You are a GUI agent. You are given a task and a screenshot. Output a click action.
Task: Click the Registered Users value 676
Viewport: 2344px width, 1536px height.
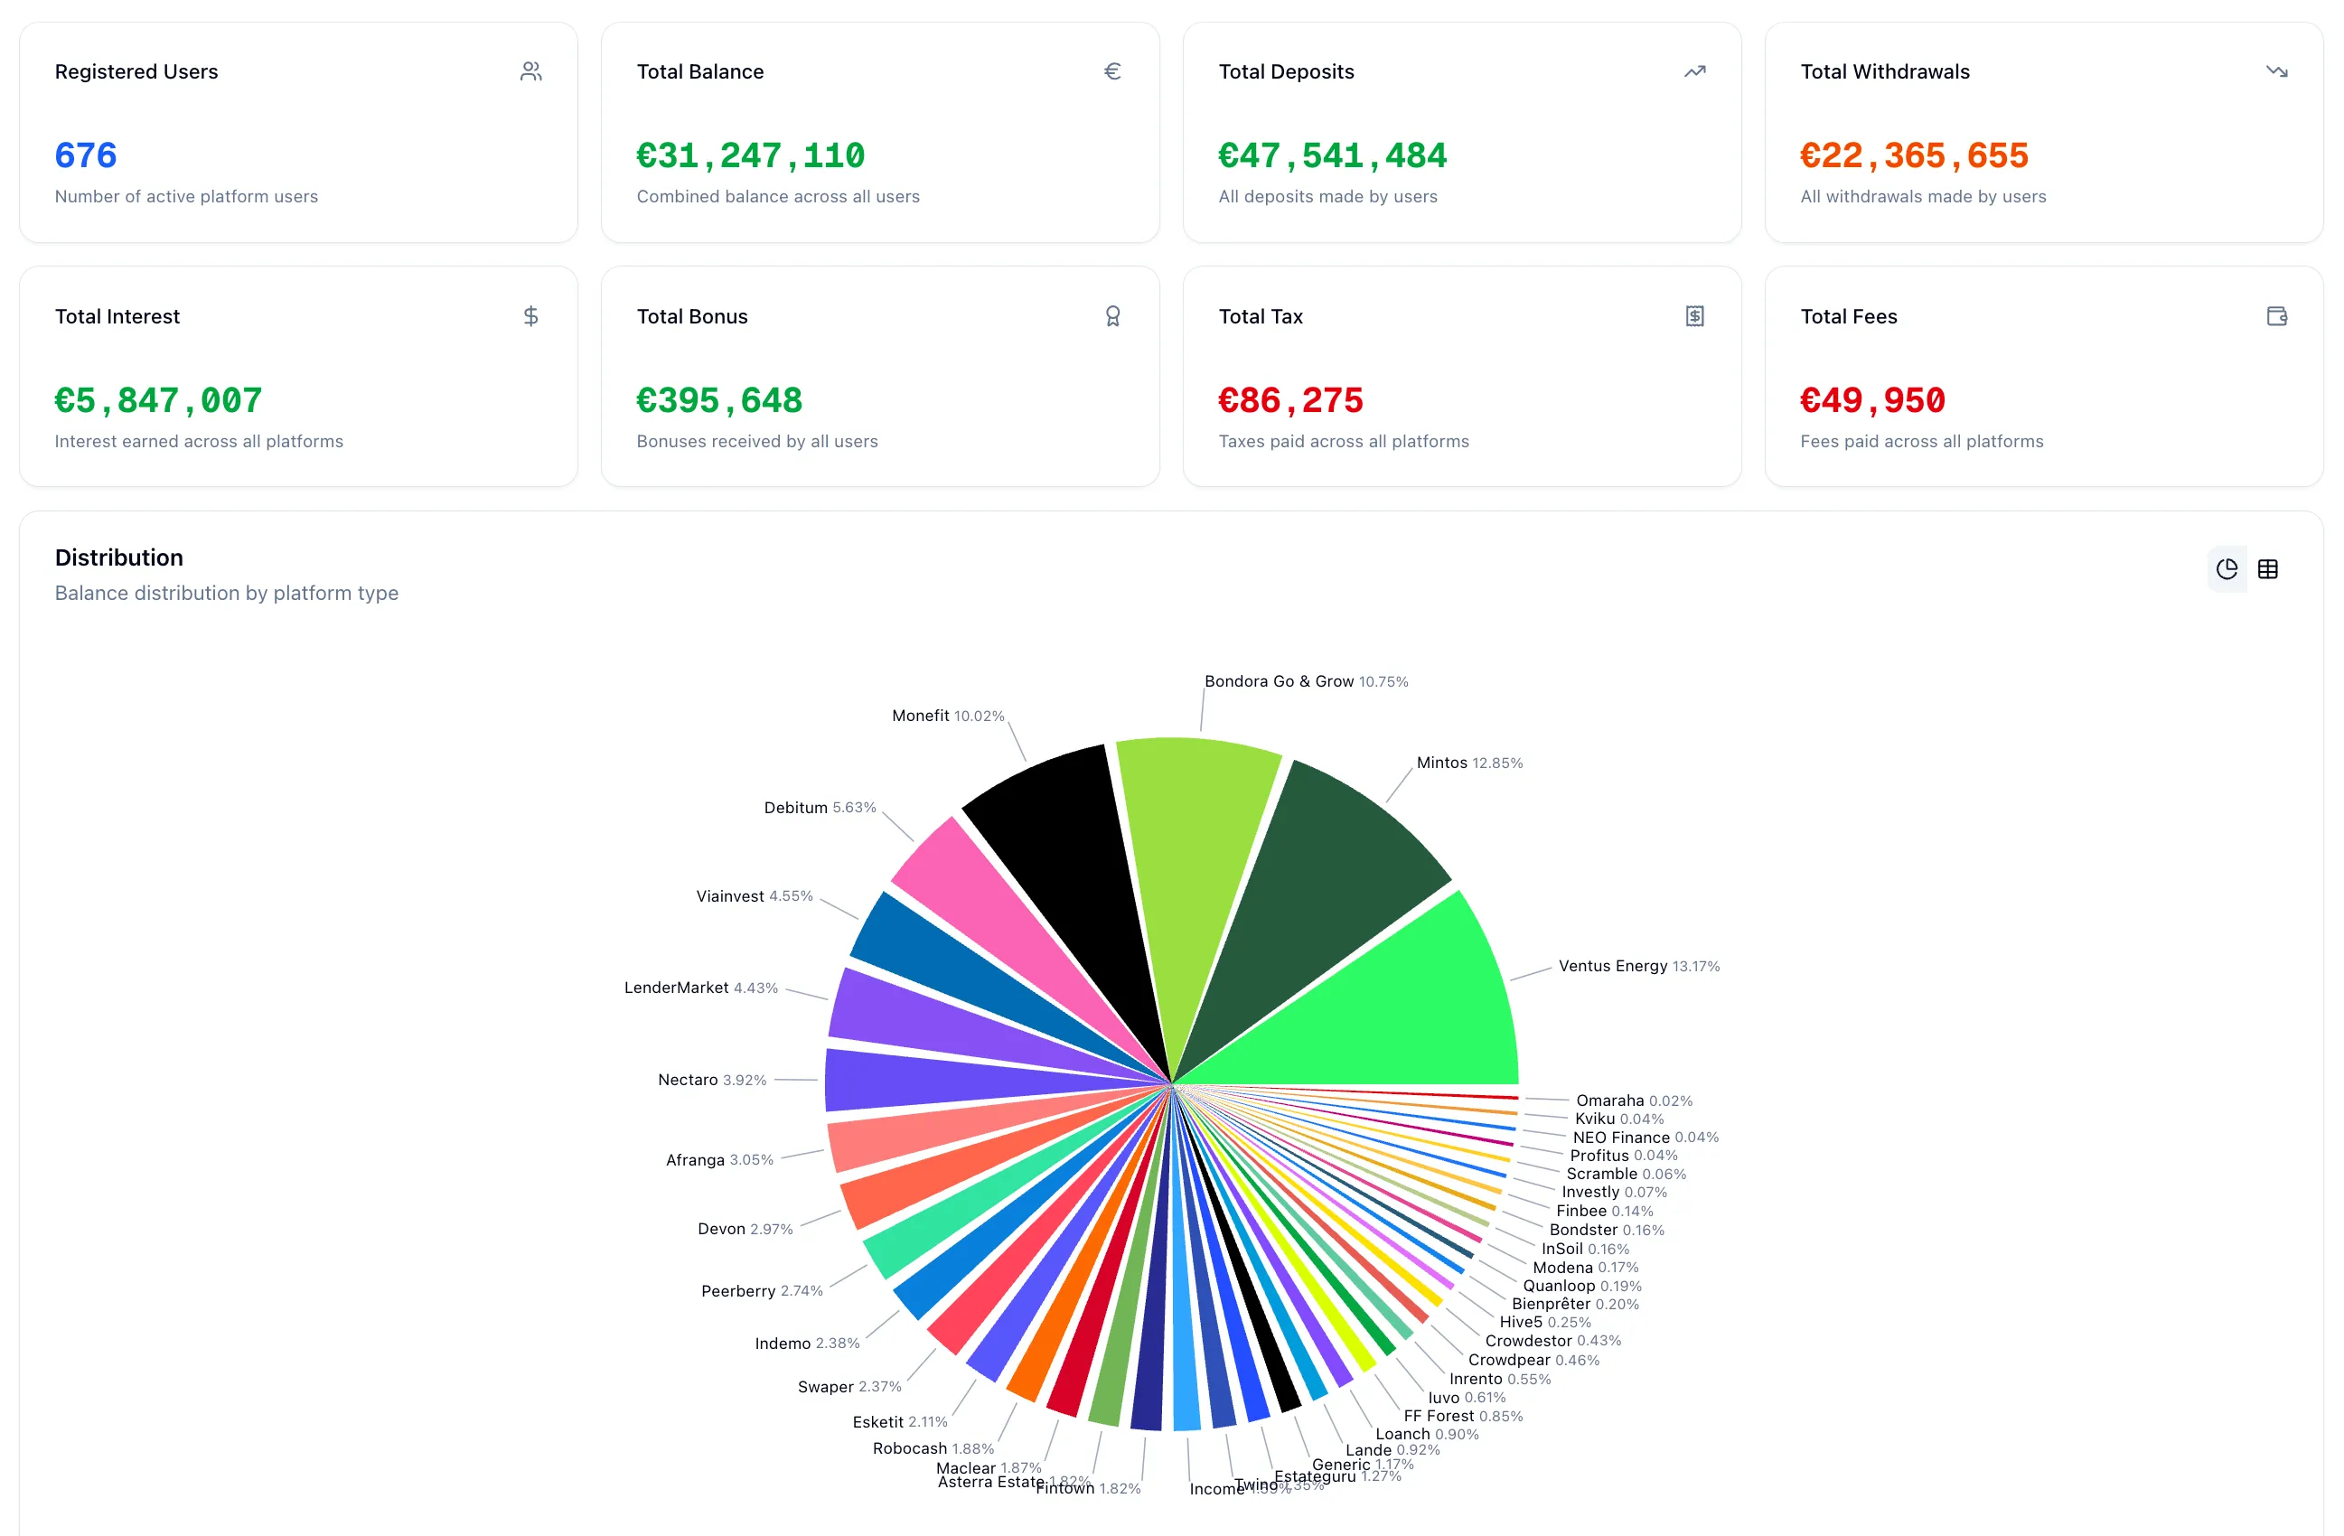point(86,155)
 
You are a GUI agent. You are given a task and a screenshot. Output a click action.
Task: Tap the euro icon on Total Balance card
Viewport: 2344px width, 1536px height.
point(1112,70)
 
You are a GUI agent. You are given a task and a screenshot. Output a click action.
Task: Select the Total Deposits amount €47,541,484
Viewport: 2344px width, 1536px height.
point(1332,155)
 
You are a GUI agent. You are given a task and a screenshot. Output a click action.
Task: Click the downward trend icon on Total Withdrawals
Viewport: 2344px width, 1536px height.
point(2276,70)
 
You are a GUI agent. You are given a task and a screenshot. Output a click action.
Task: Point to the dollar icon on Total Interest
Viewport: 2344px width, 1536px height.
point(530,316)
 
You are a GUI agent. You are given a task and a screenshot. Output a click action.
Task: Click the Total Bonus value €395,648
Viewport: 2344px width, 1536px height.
point(719,401)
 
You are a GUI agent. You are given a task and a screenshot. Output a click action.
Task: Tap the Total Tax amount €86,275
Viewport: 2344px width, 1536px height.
point(1290,401)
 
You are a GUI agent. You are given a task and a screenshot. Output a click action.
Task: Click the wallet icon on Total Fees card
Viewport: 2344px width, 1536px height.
point(2276,316)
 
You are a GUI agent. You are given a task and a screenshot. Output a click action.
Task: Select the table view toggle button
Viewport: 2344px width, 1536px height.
point(2267,569)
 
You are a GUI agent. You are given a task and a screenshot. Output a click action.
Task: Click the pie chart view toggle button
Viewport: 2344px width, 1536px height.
point(2226,569)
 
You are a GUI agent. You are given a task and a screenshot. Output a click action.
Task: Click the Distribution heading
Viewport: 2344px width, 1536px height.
point(119,557)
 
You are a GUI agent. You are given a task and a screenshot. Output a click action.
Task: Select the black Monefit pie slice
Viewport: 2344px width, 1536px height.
point(1074,866)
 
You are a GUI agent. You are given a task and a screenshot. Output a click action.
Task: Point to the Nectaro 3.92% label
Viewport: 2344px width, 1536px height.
point(711,1080)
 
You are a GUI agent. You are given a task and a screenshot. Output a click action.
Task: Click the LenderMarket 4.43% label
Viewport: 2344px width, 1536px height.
point(700,988)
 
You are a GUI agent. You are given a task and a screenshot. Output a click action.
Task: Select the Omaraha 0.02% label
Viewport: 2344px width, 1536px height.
point(1633,1100)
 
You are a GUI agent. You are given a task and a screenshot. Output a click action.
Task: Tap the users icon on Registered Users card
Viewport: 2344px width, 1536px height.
point(530,70)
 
